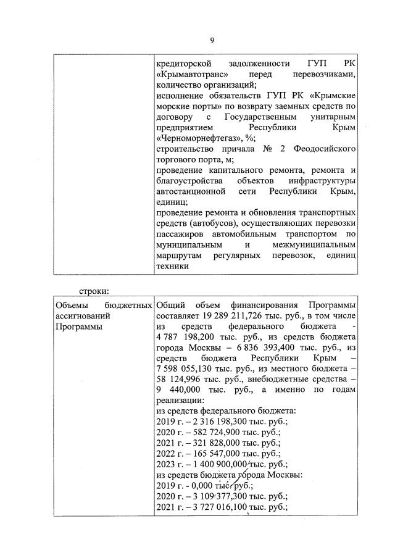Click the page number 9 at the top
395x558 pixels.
[211, 41]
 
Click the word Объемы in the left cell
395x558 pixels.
[70, 306]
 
